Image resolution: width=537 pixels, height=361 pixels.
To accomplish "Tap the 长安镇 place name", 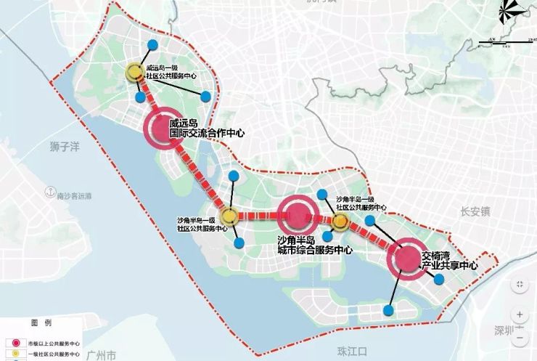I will point(476,211).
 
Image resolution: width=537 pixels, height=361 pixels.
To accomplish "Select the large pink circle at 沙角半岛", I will point(298,214).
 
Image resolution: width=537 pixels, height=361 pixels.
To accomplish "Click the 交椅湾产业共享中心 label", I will point(448,261).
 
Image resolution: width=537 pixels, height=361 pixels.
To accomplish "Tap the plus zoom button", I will point(520,315).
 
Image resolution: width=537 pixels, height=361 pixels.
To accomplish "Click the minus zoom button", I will point(520,336).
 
